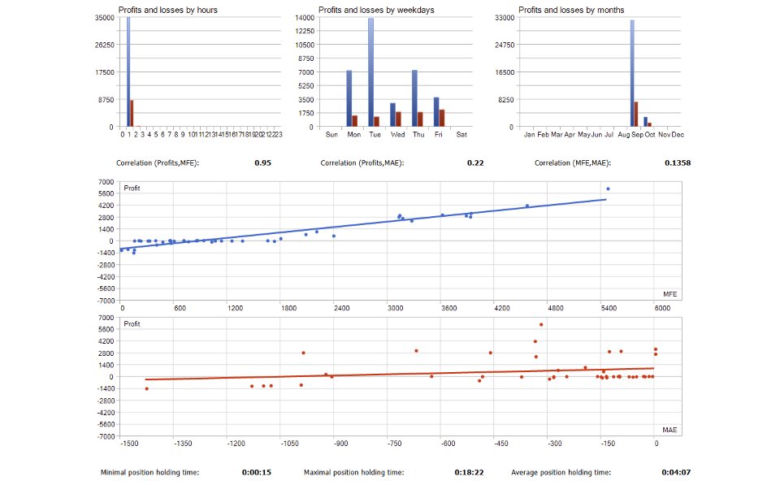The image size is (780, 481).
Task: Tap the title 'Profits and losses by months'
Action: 560,10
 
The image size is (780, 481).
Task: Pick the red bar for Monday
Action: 355,121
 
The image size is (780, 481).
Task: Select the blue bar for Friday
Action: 436,112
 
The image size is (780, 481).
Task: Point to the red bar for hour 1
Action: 132,114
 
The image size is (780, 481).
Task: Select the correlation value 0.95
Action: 262,163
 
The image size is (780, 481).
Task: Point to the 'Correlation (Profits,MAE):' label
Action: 362,163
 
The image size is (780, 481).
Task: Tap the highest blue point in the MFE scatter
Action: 608,189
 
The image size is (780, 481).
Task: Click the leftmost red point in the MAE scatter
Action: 146,388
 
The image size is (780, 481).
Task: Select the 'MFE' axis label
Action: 669,294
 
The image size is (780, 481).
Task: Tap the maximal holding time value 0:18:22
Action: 469,472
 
